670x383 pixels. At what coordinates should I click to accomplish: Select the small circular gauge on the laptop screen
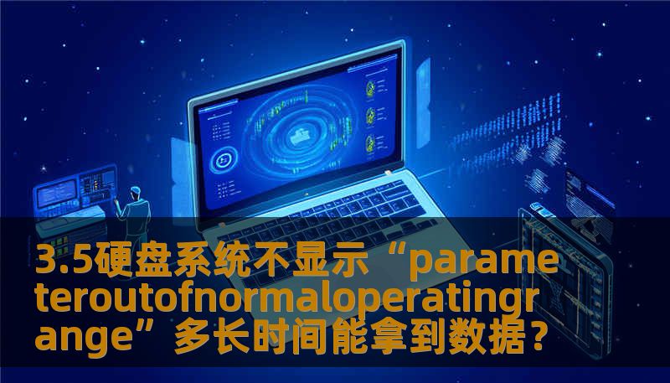click(x=224, y=160)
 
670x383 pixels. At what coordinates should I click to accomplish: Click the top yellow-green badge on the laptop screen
click(x=369, y=86)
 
